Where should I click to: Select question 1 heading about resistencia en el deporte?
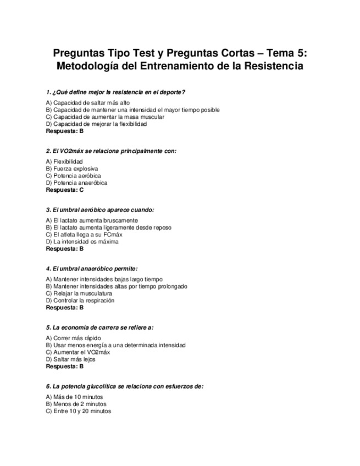click(119, 92)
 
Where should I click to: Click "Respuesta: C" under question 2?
click(65, 190)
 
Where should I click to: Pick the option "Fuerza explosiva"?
click(72, 169)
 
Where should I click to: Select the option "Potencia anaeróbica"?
click(76, 183)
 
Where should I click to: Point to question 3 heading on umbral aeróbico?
click(100, 209)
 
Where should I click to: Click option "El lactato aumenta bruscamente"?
click(92, 220)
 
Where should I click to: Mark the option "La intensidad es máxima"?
click(82, 242)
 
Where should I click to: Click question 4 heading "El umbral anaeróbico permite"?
click(92, 268)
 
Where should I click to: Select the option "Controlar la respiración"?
click(80, 301)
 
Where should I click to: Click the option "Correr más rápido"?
click(74, 338)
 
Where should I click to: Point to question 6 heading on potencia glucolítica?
click(125, 386)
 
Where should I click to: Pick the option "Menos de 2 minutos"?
click(76, 404)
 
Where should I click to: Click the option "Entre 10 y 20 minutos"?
click(79, 411)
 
